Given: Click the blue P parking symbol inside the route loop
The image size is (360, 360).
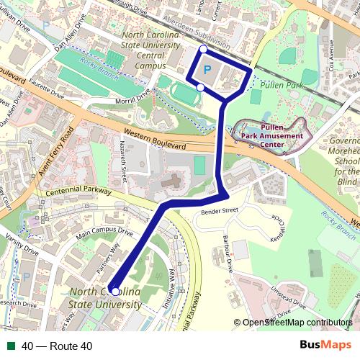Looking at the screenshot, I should (x=207, y=69).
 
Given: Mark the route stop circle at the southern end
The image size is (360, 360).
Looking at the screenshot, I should (x=115, y=292).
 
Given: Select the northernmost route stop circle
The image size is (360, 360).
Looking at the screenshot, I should (x=203, y=49).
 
